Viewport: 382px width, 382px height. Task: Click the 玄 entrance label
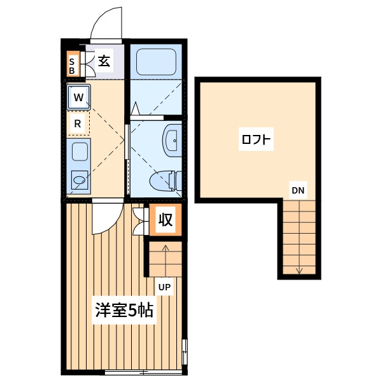tap(104, 61)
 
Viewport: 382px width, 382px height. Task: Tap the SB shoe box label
tap(72, 66)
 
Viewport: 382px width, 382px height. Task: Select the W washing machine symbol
tap(78, 97)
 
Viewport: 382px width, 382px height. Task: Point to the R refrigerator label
tap(78, 124)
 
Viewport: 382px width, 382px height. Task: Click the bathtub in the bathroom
tap(156, 62)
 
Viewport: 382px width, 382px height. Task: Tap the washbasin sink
tap(173, 140)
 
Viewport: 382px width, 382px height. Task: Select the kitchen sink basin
tap(80, 152)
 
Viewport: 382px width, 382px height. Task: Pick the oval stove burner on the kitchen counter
tap(80, 180)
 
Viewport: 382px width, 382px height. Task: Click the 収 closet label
tap(166, 220)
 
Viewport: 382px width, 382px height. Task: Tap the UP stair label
tap(164, 287)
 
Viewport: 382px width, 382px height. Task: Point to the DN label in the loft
tap(298, 190)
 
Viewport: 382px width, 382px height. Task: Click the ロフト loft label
tap(256, 139)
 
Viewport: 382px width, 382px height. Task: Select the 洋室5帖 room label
tap(124, 310)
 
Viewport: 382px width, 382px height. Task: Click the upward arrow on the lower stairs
tap(166, 260)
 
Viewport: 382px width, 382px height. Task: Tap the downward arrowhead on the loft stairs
tap(299, 271)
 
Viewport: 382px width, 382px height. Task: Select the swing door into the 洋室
tap(107, 218)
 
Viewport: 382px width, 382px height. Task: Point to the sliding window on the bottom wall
tap(143, 372)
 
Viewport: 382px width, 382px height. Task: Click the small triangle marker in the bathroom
tap(135, 109)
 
